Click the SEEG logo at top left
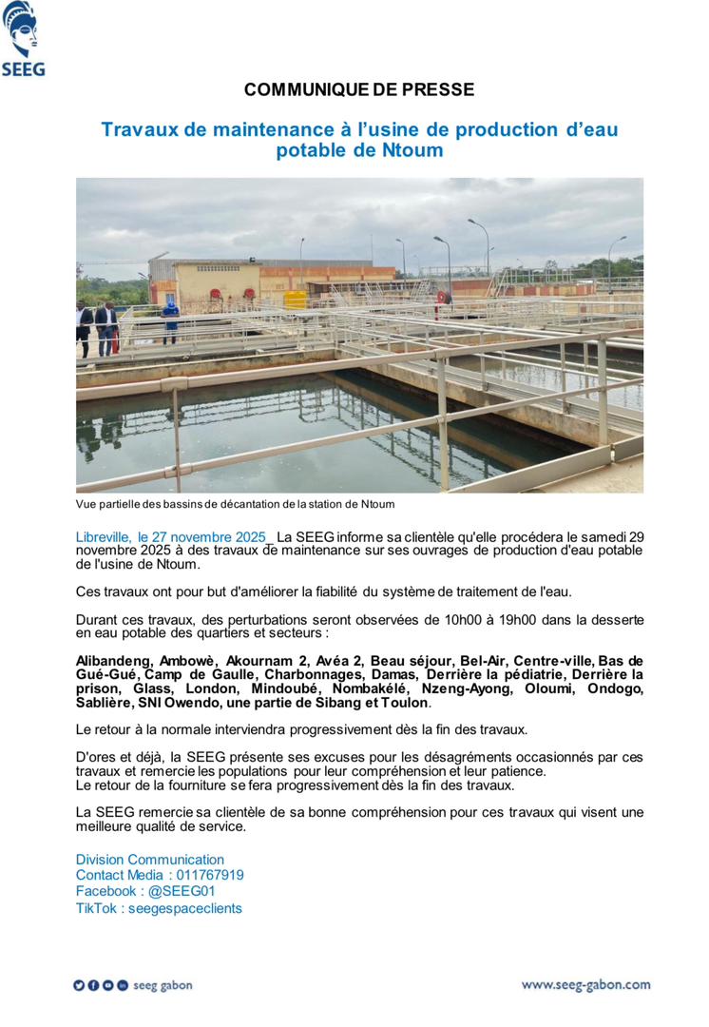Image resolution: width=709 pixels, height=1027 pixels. point(24,39)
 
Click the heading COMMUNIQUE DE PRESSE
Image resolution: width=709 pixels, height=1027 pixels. point(359,90)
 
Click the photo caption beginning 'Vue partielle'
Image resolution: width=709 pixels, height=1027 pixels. point(235,504)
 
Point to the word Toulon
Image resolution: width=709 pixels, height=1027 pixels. point(407,703)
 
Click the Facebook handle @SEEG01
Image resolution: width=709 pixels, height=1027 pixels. point(176,891)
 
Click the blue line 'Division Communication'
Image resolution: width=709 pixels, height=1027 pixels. point(137,859)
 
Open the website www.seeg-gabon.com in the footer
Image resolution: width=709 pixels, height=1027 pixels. point(585,985)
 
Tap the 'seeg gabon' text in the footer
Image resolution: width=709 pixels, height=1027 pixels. point(163,985)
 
